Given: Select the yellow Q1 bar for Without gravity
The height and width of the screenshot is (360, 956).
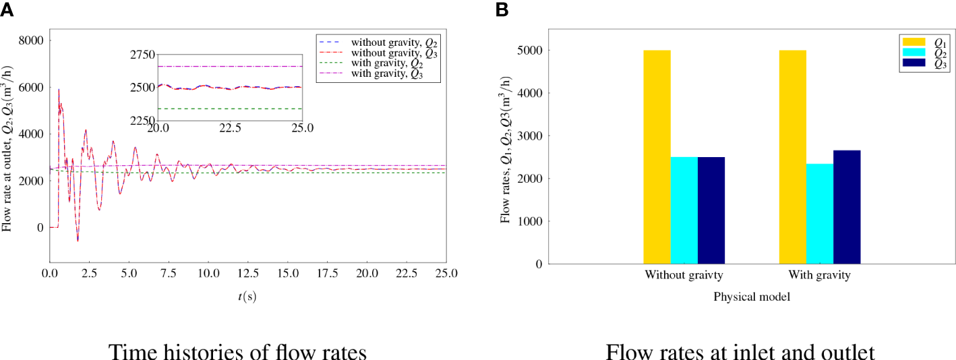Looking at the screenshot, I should (657, 156).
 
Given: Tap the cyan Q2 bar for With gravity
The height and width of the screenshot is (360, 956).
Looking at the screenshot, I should (819, 213).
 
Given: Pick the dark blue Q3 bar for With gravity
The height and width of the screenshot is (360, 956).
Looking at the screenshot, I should (847, 206).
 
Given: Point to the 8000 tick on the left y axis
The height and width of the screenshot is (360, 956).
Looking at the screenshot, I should (29, 40).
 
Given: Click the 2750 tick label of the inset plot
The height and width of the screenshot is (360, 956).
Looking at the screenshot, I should (139, 55).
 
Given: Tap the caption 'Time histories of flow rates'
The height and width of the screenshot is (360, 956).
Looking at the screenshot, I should (238, 351).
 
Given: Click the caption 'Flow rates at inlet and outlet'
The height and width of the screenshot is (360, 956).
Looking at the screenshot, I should (740, 351).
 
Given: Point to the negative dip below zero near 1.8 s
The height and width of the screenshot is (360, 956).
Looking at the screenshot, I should (78, 240).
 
